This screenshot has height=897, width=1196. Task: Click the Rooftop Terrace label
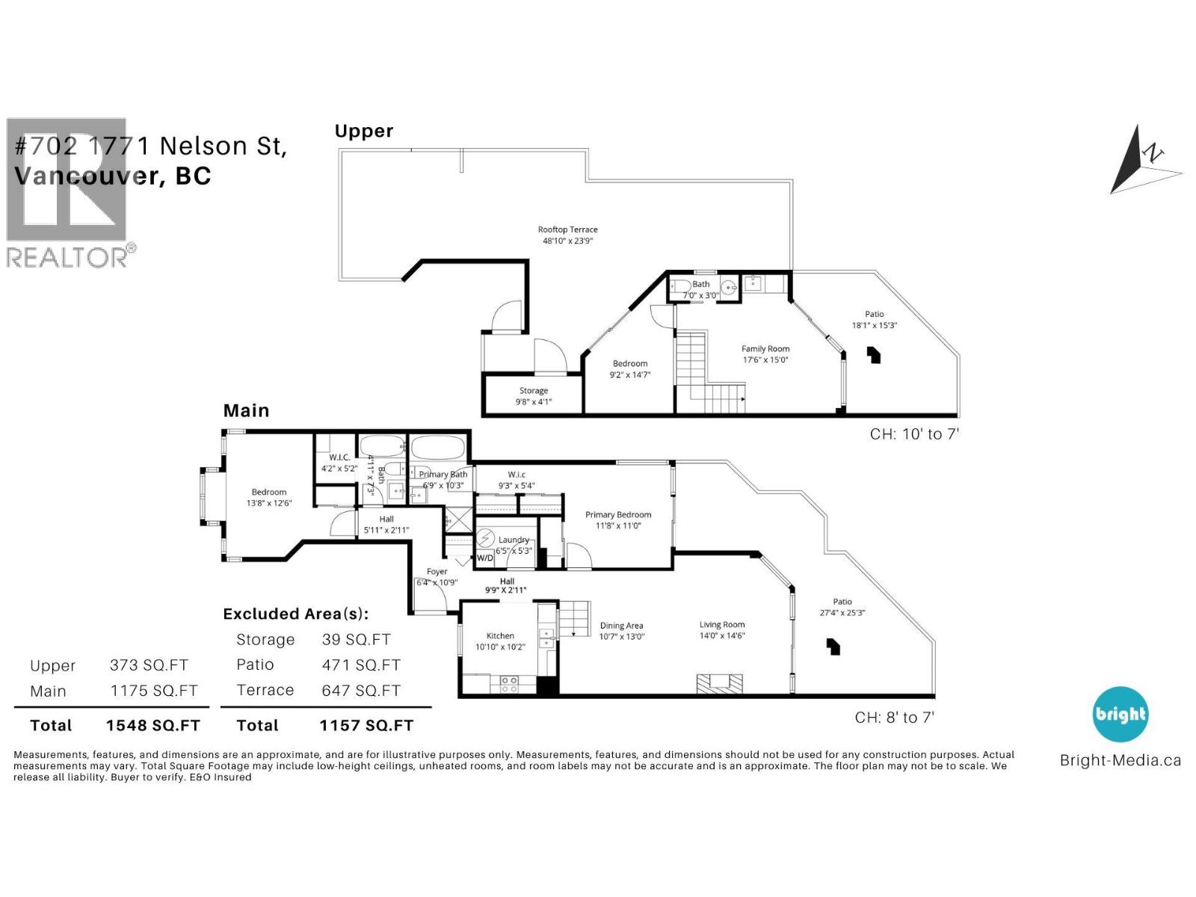point(567,229)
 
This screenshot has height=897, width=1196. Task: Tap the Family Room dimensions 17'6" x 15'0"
point(765,360)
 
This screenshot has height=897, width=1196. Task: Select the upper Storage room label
point(534,390)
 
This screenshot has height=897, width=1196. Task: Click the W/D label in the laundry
point(485,558)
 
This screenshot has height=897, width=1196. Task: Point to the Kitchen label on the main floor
point(500,635)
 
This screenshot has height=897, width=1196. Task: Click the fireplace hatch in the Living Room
point(720,684)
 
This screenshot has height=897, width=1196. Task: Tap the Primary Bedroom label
point(617,514)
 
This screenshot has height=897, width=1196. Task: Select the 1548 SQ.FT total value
point(152,725)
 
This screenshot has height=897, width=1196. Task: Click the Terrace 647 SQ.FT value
point(361,691)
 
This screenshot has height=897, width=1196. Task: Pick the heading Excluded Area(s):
point(295,614)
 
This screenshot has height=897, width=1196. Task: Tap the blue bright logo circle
point(1120,714)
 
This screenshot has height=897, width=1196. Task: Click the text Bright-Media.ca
point(1120,760)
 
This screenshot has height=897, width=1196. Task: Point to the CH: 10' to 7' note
point(913,434)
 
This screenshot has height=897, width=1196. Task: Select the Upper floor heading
point(363,131)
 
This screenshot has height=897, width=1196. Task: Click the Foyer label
point(437,572)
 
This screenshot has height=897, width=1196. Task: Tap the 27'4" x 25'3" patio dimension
point(842,612)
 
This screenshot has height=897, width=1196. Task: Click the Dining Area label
point(621,626)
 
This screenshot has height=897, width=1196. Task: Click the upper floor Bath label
point(700,284)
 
